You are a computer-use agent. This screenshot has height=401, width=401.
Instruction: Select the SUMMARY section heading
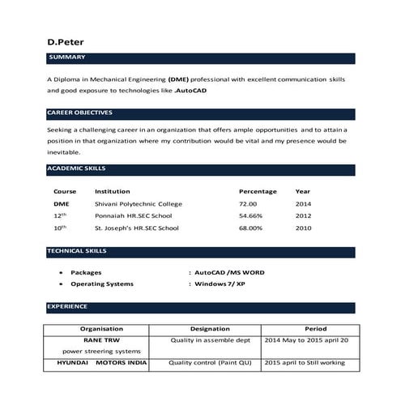(x=66, y=58)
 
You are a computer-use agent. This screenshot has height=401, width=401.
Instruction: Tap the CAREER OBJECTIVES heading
(x=79, y=113)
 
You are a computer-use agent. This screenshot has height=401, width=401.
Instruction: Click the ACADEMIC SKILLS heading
(x=76, y=169)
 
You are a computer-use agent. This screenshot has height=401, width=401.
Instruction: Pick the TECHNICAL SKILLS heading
(x=77, y=251)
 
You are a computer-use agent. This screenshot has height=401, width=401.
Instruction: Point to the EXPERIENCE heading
(x=67, y=307)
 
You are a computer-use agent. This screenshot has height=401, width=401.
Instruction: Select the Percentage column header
(x=258, y=191)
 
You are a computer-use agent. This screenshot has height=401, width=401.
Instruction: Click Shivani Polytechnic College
(x=139, y=203)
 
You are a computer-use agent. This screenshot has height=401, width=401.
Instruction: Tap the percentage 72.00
(x=248, y=203)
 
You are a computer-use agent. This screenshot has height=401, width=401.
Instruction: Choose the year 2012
(x=303, y=216)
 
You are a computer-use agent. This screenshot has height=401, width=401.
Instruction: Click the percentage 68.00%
(x=250, y=228)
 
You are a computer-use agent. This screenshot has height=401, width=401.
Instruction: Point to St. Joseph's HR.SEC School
(x=136, y=228)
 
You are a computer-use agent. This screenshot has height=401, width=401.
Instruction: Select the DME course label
(x=62, y=203)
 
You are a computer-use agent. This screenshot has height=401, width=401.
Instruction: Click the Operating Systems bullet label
(x=102, y=284)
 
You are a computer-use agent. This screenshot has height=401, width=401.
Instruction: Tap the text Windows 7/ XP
(x=221, y=284)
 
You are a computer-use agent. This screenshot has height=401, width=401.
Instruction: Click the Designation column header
(x=210, y=329)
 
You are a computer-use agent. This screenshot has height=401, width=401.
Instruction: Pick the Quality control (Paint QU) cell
(x=210, y=363)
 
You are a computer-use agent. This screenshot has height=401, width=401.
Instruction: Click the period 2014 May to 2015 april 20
(x=306, y=340)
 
